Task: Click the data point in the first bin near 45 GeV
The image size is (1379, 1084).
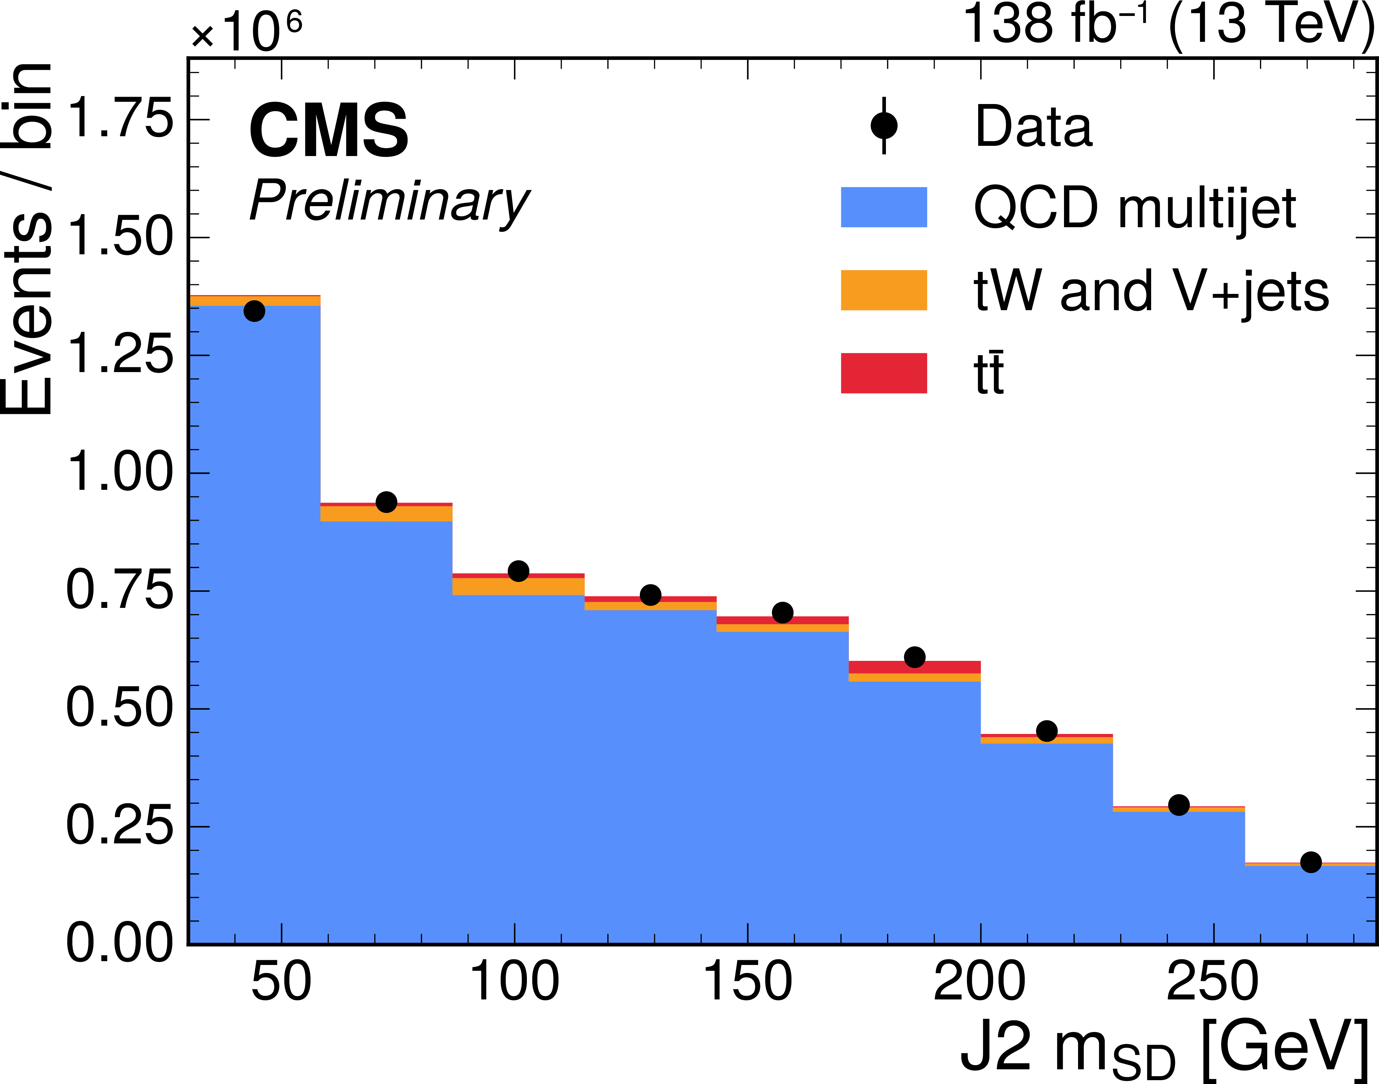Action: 254,311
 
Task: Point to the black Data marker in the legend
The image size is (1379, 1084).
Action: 883,126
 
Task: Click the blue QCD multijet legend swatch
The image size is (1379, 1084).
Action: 883,207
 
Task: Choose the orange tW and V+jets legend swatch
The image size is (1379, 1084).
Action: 883,290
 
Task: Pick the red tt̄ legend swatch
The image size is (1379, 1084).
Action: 883,373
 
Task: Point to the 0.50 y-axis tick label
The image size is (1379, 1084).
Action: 119,708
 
